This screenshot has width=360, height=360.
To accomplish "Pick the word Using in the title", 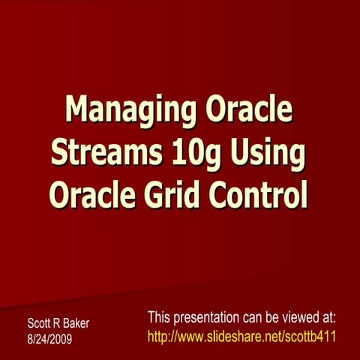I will click(264, 153).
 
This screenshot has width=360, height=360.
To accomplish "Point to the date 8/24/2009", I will click(51, 338).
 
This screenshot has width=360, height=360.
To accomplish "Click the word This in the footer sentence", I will click(161, 317).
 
